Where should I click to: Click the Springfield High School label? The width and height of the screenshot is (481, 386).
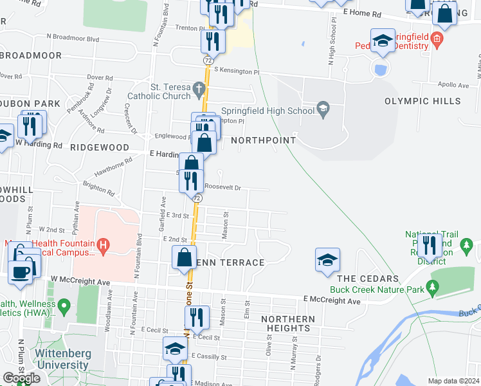(x=268, y=110)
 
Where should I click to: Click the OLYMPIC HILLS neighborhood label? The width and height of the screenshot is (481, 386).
(x=422, y=101)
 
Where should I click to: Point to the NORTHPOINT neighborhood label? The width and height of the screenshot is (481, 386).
(x=263, y=140)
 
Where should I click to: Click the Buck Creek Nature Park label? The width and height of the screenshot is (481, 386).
(x=376, y=289)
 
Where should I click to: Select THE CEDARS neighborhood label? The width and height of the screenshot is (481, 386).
(x=365, y=279)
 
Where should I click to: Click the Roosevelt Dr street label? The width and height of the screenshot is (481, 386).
(x=222, y=188)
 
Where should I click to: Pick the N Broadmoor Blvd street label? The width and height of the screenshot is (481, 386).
(x=73, y=39)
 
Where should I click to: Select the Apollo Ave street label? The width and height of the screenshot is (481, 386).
(x=453, y=85)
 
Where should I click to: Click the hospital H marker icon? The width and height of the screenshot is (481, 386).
(x=102, y=245)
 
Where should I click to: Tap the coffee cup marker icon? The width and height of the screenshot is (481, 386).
(x=20, y=271)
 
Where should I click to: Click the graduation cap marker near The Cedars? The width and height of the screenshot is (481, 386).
(x=327, y=259)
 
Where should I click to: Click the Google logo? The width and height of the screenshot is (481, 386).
(x=21, y=378)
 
